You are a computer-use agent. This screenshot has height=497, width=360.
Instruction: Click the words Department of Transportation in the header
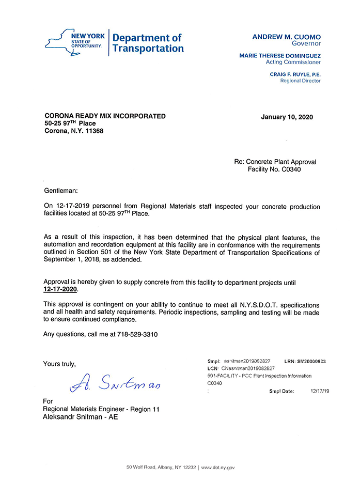(x=148, y=43)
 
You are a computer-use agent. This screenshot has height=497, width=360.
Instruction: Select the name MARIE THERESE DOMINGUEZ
(x=280, y=56)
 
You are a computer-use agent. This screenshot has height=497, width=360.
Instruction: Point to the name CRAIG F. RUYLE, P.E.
(x=295, y=74)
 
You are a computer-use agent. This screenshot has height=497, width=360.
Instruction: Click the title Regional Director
(x=300, y=81)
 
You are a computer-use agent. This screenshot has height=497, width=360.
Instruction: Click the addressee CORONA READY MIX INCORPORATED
(x=105, y=116)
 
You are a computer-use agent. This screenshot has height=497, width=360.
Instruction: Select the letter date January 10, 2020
(x=287, y=117)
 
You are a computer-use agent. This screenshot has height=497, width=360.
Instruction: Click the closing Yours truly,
(x=59, y=364)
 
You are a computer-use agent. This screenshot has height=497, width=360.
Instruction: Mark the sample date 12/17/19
(x=320, y=391)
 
